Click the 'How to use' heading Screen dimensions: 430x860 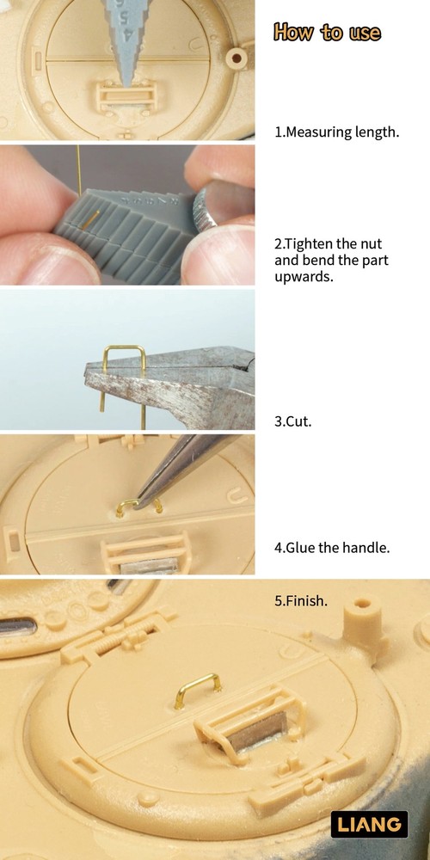(327, 32)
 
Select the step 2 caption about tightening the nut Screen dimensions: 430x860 (331, 260)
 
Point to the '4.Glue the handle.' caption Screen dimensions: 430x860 (332, 547)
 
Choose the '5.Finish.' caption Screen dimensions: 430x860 (300, 600)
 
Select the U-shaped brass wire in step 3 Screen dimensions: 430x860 (123, 378)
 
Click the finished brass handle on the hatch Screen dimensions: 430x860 (197, 690)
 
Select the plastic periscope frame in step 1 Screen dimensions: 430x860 (126, 96)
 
